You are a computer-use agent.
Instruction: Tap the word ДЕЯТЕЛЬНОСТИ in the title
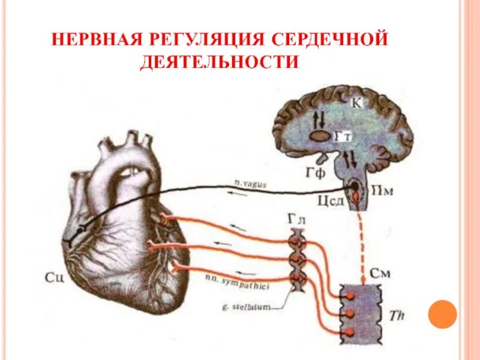[219, 62]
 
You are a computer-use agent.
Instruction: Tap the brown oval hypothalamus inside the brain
[320, 137]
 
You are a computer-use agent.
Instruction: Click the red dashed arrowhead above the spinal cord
[363, 280]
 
